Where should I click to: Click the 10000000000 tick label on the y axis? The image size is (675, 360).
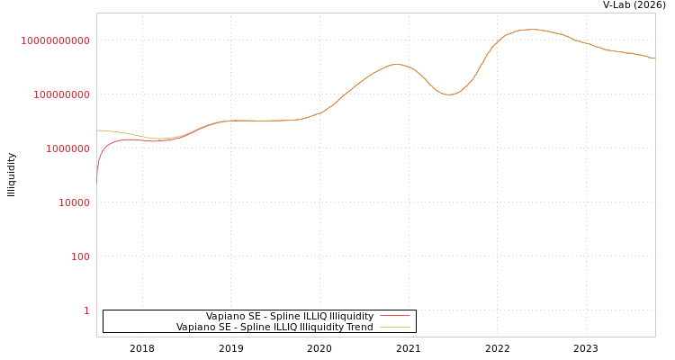coord(55,40)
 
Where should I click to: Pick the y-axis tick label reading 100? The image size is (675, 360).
coord(80,256)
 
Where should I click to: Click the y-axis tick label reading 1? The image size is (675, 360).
coord(86,310)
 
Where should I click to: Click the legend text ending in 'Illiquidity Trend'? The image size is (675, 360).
coord(274,327)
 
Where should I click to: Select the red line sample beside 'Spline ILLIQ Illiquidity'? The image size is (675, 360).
coord(394,316)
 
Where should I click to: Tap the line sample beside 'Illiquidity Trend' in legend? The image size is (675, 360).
coord(394,327)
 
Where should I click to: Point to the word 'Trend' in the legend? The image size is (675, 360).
coord(359,327)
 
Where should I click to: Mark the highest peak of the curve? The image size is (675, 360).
coord(531,30)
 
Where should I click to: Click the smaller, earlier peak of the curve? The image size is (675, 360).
coord(396,64)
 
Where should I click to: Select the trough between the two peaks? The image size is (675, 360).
coord(449,94)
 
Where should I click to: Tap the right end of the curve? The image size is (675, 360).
coord(654,58)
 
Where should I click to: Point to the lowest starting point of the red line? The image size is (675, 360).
coord(97,178)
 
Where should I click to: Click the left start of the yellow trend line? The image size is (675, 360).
coord(97,130)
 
